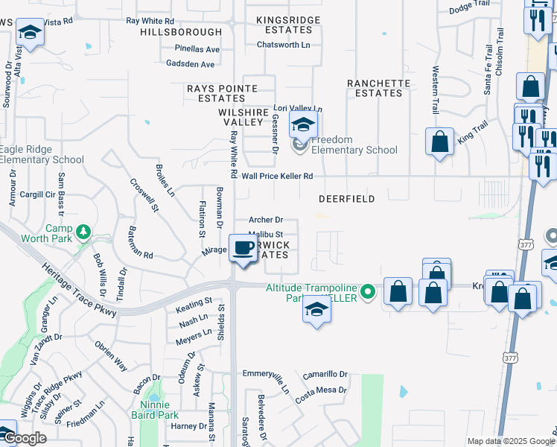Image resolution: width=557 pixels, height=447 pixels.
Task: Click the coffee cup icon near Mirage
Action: (242, 247)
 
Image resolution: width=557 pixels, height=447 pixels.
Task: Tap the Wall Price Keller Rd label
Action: (276, 177)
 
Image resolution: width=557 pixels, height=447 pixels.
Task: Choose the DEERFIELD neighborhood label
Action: (346, 200)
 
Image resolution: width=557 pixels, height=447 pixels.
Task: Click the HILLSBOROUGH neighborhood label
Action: (181, 32)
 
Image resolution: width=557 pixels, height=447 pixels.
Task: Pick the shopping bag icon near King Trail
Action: (439, 141)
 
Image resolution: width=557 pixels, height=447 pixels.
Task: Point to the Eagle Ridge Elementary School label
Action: (42, 154)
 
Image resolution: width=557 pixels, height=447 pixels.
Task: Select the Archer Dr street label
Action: (266, 220)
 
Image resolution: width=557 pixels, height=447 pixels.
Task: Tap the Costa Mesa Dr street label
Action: (321, 390)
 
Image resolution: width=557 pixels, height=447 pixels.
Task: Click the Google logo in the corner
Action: (25, 438)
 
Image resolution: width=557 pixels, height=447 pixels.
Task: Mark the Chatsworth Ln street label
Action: (283, 45)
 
